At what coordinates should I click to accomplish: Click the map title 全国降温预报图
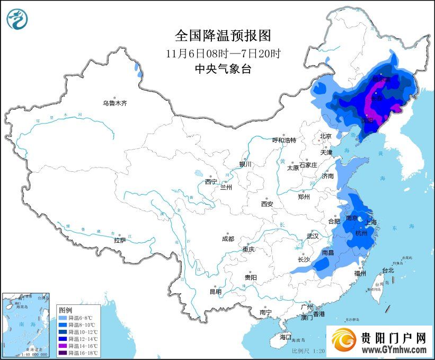click(223, 36)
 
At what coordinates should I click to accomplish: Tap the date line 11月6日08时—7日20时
click(223, 54)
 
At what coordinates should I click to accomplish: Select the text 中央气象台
click(223, 69)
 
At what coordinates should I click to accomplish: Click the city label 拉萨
click(120, 240)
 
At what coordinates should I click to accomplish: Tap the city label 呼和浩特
click(284, 140)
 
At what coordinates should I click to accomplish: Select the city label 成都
click(228, 239)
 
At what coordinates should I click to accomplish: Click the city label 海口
click(286, 337)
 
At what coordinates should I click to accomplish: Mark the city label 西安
click(267, 204)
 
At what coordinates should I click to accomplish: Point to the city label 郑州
click(304, 197)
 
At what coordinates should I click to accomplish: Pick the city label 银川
click(245, 164)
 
